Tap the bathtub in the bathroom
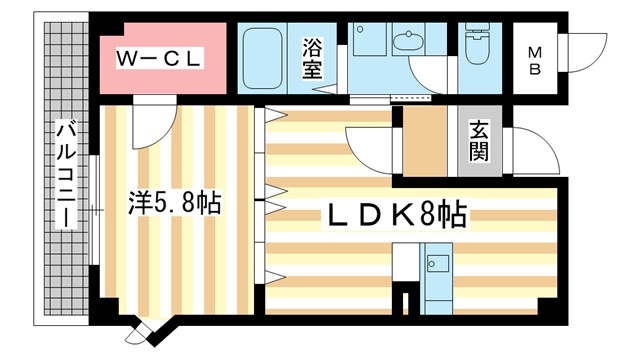264,58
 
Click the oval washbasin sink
408,42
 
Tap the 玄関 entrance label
479,142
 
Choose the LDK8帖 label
395,213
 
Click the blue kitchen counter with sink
438,276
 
